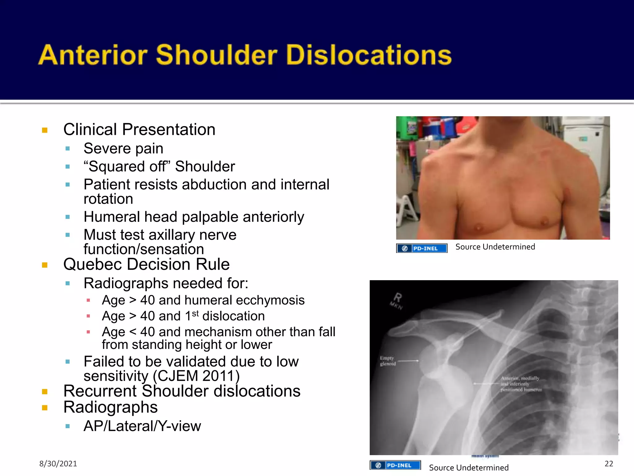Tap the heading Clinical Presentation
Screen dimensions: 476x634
(139, 130)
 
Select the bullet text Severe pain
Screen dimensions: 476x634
(123, 148)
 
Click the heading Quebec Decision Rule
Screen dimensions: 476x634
(146, 264)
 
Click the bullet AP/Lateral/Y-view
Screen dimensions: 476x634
(142, 426)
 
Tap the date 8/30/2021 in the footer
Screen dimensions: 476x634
(58, 464)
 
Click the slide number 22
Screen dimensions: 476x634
(609, 464)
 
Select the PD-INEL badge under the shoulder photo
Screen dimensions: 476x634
(422, 248)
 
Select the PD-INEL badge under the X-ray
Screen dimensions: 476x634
(395, 465)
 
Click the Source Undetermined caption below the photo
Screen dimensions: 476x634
(495, 247)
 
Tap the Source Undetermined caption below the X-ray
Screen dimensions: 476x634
(469, 468)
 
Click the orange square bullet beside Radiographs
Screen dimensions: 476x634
(45, 408)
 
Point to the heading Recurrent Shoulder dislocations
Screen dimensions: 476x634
(182, 391)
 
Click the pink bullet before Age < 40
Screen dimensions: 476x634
(88, 332)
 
